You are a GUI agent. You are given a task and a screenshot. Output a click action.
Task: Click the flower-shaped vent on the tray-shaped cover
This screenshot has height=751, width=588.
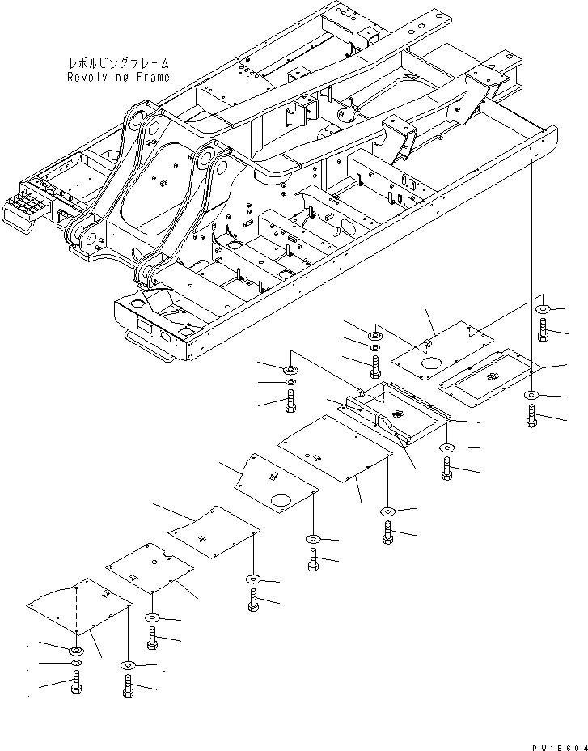(x=396, y=414)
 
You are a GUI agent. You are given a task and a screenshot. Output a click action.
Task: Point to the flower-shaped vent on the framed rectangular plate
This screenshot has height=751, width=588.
(x=491, y=377)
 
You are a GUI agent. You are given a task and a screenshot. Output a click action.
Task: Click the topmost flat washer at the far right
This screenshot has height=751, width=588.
(x=541, y=309)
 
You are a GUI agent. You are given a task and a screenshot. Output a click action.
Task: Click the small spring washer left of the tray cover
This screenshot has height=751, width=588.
(x=290, y=383)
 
